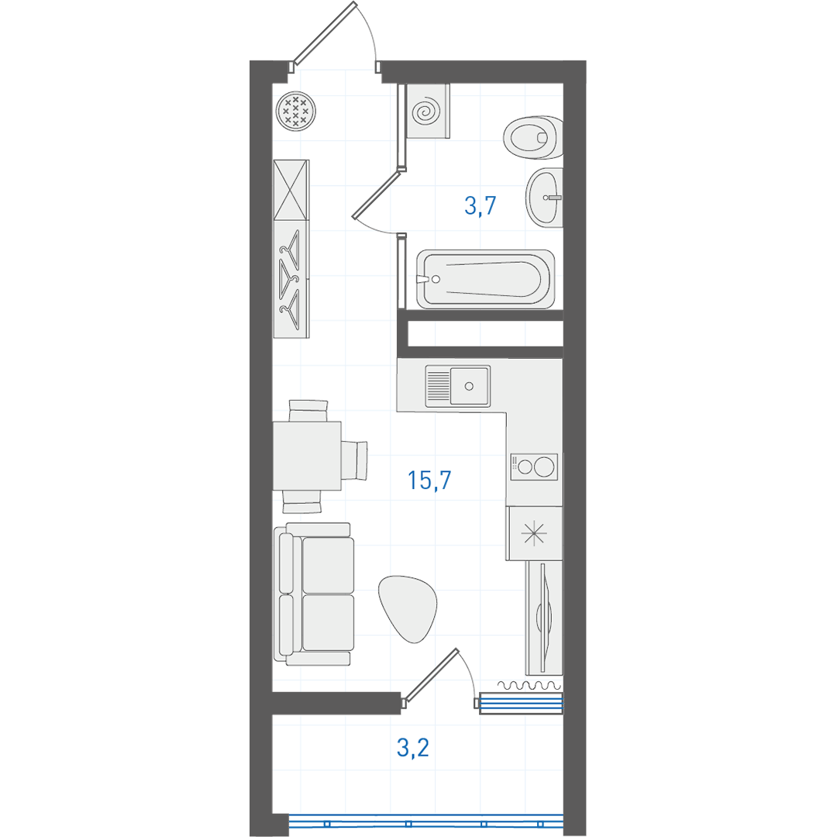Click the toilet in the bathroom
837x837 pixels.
point(532,137)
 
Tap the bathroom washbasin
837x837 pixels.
point(544,198)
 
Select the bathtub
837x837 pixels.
point(485,279)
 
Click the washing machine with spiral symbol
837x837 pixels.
point(428,111)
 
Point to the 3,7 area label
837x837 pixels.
point(480,205)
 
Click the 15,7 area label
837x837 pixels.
point(429,480)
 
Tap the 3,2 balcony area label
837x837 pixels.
point(413,747)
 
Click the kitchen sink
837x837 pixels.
point(457,386)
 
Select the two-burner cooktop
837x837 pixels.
point(534,467)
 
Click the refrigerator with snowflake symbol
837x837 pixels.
point(534,533)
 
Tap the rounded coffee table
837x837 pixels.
point(408,608)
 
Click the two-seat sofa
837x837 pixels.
point(314,594)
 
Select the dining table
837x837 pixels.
point(307,456)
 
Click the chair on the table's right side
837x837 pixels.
point(354,460)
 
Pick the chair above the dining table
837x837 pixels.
point(308,411)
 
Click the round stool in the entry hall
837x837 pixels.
point(296,112)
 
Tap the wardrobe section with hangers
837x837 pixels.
point(291,279)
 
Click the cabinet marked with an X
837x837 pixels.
point(291,190)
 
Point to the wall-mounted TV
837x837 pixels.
point(544,618)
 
